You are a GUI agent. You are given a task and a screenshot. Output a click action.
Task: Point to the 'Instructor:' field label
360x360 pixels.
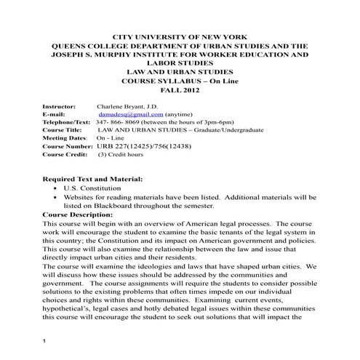(x=60, y=105)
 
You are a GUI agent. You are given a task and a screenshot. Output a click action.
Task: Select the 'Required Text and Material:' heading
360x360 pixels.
(x=92, y=178)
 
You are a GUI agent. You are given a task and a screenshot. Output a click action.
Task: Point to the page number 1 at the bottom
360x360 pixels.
(x=44, y=340)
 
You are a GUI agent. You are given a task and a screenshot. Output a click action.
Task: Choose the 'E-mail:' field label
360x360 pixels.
(x=55, y=114)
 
